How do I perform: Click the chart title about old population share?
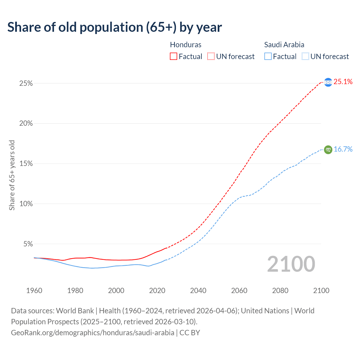[114, 27]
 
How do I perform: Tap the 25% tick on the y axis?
[26, 84]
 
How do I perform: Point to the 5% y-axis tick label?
[28, 244]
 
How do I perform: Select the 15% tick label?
[26, 164]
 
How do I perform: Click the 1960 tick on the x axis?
[34, 291]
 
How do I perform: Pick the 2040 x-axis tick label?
[198, 291]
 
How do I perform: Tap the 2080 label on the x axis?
[280, 291]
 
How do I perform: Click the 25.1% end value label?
[343, 82]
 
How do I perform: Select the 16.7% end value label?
[343, 149]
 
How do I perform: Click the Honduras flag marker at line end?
[328, 82]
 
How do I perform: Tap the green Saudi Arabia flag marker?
[328, 150]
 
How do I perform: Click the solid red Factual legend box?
[174, 57]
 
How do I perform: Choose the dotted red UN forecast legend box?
[211, 57]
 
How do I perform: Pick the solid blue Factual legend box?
[268, 57]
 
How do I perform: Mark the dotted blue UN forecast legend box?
[305, 57]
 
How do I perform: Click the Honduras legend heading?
[186, 45]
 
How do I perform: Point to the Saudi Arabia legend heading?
[284, 45]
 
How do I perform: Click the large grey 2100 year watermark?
[291, 264]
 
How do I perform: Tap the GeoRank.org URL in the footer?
[93, 333]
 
